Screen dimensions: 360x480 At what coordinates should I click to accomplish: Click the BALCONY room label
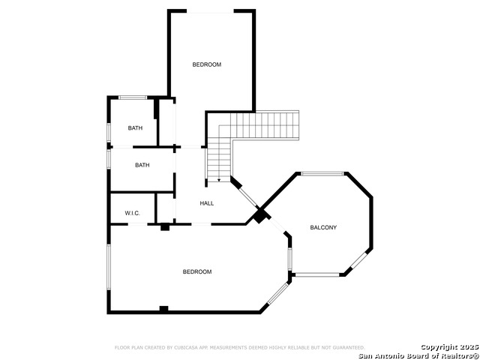(x=323, y=227)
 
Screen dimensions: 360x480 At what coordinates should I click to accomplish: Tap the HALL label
(x=207, y=203)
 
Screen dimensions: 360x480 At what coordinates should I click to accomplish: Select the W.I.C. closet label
(x=132, y=213)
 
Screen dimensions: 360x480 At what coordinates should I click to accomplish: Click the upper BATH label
(x=135, y=128)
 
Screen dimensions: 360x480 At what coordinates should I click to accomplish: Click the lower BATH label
(x=142, y=165)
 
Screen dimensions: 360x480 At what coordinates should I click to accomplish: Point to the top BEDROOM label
(x=207, y=64)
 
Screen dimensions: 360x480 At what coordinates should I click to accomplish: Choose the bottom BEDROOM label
(x=197, y=271)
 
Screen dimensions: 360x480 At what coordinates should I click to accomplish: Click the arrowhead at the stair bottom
(x=218, y=181)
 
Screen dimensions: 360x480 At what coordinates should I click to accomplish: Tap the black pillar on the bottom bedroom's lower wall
(x=163, y=309)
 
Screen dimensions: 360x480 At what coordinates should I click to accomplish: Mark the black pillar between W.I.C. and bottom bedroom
(x=164, y=226)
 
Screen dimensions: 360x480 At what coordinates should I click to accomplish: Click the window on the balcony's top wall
(x=322, y=174)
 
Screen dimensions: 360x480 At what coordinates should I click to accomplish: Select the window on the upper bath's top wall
(x=133, y=97)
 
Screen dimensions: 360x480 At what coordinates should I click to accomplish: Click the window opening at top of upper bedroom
(x=210, y=11)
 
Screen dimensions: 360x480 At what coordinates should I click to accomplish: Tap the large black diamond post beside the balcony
(x=259, y=216)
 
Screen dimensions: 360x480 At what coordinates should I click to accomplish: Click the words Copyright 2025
(x=448, y=346)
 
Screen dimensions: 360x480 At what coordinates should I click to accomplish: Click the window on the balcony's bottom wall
(x=316, y=274)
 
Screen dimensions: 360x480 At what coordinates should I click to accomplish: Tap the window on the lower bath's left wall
(x=109, y=160)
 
